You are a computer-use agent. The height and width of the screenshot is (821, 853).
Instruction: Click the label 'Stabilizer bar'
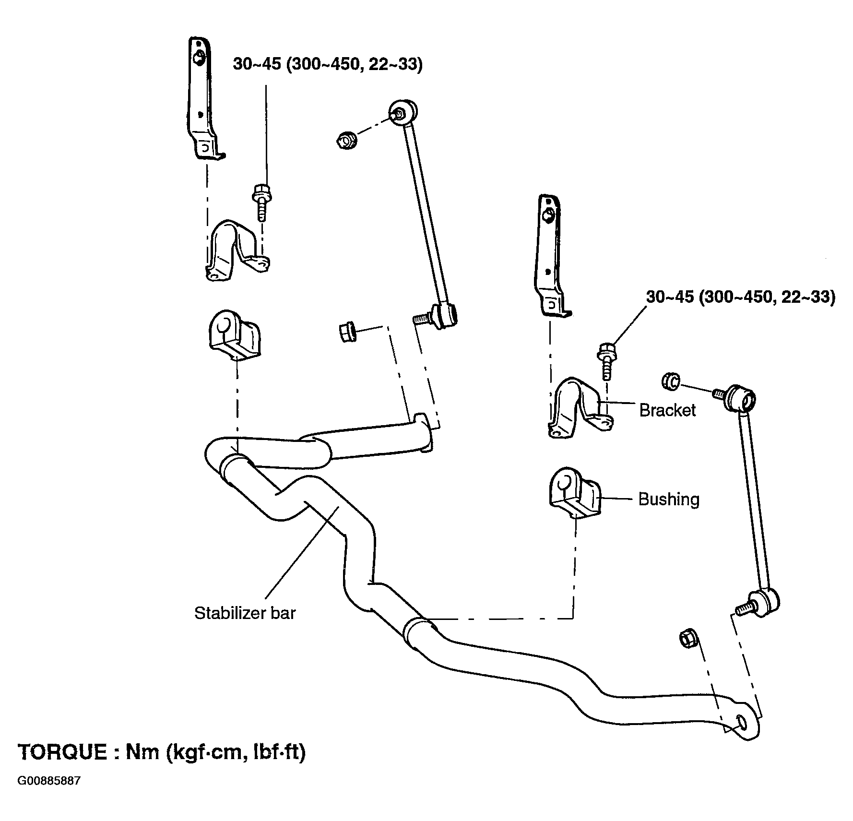(x=245, y=613)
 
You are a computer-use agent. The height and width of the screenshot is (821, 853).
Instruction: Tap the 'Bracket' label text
(x=667, y=410)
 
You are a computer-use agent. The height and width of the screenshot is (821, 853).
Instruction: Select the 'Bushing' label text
(x=669, y=500)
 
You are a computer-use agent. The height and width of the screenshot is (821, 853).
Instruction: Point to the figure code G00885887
(x=49, y=795)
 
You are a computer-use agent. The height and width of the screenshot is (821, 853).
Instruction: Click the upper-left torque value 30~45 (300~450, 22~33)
(x=328, y=64)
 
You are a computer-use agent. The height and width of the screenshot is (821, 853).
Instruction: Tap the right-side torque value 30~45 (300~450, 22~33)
(x=741, y=297)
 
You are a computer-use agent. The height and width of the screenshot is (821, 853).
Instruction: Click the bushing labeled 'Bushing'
(x=574, y=494)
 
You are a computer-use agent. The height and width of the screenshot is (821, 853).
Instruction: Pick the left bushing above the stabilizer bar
(x=235, y=336)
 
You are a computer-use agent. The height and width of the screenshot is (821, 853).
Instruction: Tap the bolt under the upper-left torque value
(x=261, y=202)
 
